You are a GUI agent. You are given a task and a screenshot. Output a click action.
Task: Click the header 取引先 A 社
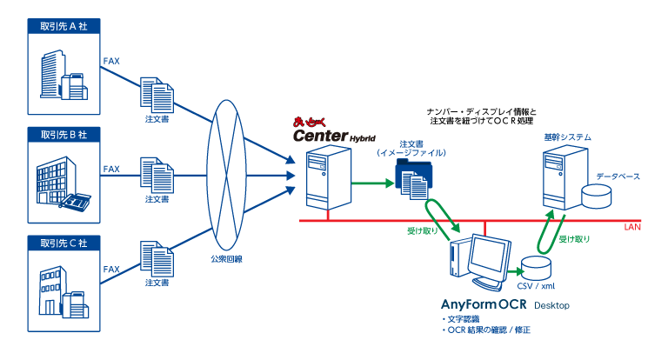point(63,26)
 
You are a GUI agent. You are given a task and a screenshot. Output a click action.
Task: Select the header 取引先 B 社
point(63,135)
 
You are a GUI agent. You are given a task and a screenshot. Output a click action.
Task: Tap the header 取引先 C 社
point(63,243)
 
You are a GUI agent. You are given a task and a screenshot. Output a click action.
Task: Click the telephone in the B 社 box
point(75,201)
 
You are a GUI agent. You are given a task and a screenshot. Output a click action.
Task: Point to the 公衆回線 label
point(226,258)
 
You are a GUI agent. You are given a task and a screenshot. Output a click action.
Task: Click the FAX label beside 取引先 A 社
point(111,61)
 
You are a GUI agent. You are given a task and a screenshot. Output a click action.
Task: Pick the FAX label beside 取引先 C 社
point(111,269)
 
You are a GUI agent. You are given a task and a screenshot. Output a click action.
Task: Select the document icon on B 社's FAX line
point(157,175)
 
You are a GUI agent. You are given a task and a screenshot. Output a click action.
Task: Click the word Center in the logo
point(320,136)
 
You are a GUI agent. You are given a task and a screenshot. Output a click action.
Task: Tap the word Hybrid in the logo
point(363,138)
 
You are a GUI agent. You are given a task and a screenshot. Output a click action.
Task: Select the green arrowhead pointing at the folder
point(390,183)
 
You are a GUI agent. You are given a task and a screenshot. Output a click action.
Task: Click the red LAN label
point(632,227)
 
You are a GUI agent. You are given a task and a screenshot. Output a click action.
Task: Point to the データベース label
point(618,177)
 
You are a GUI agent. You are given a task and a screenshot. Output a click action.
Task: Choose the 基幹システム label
point(567,137)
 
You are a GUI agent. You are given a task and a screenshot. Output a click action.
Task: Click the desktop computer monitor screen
point(489,257)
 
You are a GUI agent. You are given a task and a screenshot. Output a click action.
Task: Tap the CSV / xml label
point(536,286)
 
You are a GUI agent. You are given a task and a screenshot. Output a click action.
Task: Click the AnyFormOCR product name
point(484,304)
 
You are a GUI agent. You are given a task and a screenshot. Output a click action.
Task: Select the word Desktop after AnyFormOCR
point(551,305)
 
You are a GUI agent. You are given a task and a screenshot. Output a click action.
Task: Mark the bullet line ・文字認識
point(460,319)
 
